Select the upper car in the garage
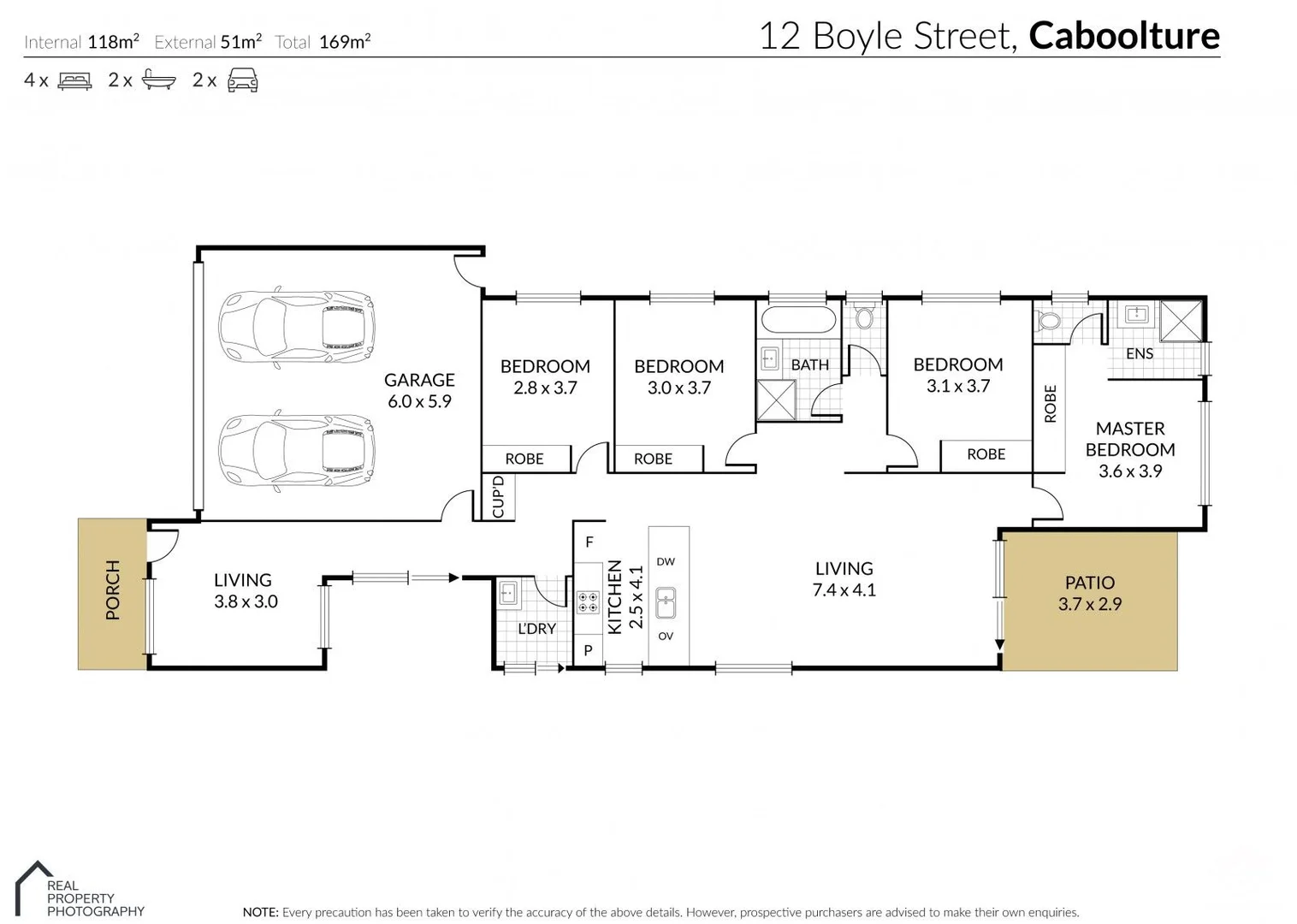296,328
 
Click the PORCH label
112,589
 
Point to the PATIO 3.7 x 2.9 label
1089,593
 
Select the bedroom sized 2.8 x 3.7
545,376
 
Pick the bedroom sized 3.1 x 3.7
957,375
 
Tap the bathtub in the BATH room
798,320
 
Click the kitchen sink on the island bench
665,602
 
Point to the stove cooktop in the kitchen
588,602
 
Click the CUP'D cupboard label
499,497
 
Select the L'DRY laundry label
536,629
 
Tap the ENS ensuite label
1139,353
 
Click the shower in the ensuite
1182,322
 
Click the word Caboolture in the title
1123,36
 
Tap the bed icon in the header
74,80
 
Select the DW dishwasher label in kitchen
666,562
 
